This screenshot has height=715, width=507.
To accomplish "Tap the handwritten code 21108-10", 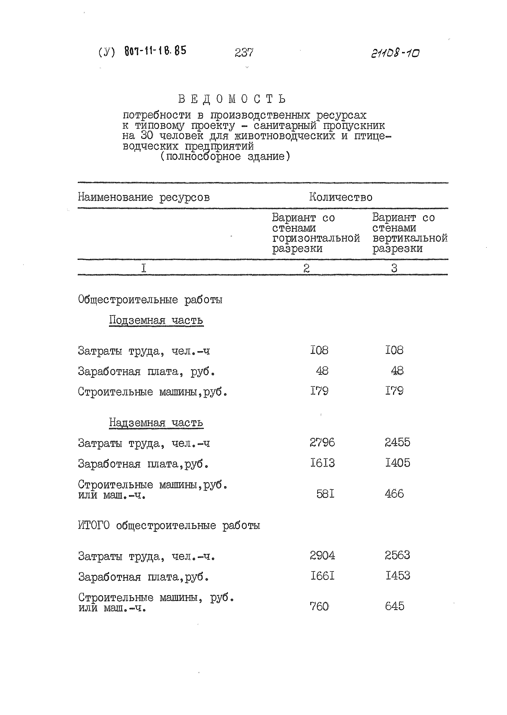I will [x=395, y=53].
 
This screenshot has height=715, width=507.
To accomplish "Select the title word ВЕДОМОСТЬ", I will [x=232, y=99].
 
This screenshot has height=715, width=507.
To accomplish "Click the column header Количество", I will [x=341, y=197].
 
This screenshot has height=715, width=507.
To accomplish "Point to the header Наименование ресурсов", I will [x=144, y=197].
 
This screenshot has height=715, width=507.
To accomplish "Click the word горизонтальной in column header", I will [x=316, y=239].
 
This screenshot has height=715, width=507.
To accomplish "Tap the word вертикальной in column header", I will [x=410, y=239].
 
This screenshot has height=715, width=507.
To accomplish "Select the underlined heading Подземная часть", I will [x=156, y=320].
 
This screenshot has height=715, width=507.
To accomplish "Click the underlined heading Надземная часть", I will [x=156, y=423].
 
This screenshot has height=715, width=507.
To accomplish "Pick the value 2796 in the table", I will [x=322, y=442].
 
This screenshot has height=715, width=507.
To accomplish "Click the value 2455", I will [x=397, y=442].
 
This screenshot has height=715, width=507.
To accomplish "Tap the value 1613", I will [x=322, y=463].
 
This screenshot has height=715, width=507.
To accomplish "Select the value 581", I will [x=325, y=494].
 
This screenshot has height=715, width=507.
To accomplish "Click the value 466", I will [x=394, y=494].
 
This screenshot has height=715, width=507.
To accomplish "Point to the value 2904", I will [x=322, y=556].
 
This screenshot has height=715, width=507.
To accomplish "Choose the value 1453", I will [x=397, y=576].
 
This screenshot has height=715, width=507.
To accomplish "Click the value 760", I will [x=319, y=607].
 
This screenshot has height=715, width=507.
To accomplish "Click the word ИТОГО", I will [x=94, y=526].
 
